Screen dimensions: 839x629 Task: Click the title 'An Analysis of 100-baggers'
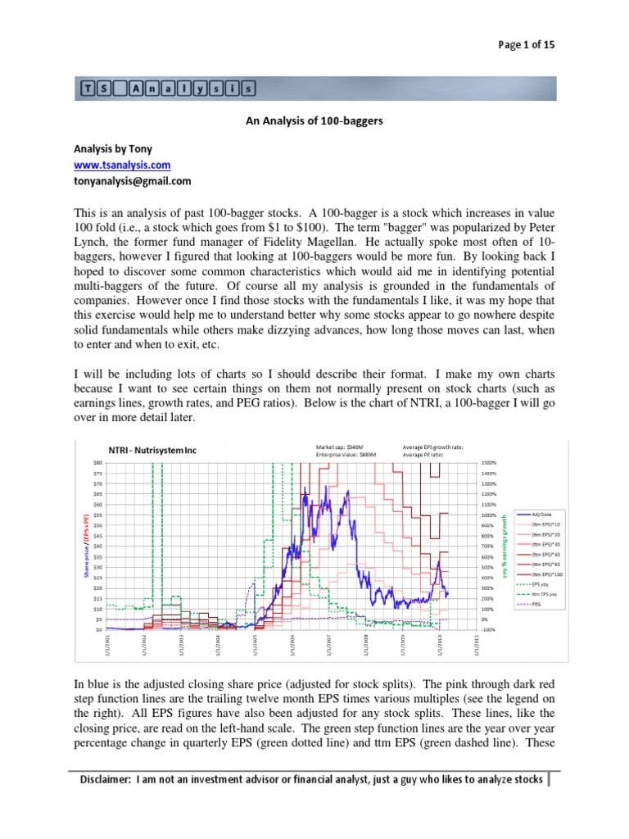(314, 120)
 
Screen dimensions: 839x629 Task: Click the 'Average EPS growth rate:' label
(433, 447)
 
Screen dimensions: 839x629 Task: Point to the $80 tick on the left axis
(97, 463)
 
